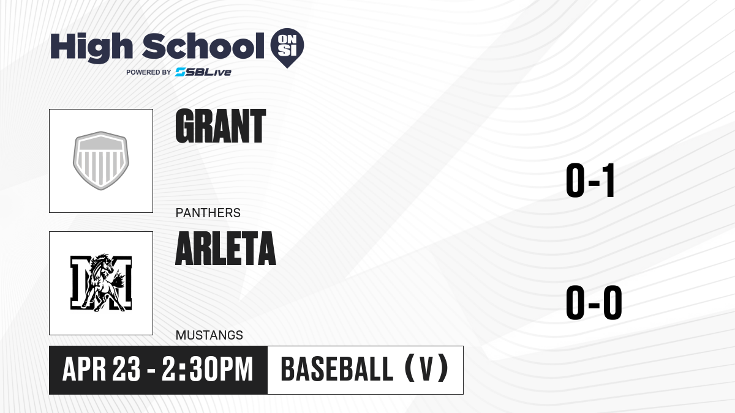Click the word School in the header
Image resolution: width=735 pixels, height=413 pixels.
point(203,46)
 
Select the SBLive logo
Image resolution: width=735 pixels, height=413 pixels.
point(203,72)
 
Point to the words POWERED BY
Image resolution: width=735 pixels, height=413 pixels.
point(149,72)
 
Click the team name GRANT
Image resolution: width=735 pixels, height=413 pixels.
point(221,126)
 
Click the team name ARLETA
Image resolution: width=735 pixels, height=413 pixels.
point(226,248)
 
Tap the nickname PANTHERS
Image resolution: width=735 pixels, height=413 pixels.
point(208,213)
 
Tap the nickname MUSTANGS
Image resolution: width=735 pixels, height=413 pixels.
point(209,335)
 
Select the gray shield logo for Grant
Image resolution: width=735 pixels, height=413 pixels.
point(101,160)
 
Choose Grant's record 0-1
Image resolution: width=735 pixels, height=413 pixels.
point(590,180)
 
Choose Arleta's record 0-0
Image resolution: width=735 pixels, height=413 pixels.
point(594,302)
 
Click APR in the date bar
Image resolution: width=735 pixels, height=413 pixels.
point(85,369)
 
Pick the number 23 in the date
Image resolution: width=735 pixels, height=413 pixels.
point(126,369)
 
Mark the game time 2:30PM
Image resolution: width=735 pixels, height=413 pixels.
point(208,369)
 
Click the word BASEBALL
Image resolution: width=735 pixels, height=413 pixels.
point(337,369)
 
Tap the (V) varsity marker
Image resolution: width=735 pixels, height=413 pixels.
point(426,368)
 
